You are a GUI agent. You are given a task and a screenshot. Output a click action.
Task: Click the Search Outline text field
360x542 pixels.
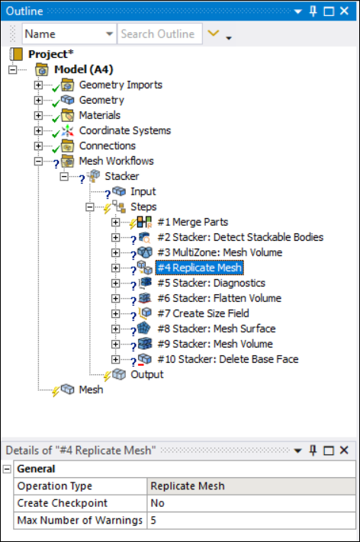159,34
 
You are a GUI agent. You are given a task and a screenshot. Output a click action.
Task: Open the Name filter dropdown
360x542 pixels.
109,34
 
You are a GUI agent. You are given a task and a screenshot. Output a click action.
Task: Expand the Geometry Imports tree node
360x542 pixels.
38,85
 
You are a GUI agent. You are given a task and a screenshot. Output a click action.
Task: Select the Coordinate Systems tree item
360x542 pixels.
125,130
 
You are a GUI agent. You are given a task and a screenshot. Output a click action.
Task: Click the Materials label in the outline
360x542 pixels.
100,115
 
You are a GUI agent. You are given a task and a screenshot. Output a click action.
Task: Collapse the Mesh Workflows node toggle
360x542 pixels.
38,161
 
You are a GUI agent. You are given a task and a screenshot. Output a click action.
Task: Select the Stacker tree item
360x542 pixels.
122,176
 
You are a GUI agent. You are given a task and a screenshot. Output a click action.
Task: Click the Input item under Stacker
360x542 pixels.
143,191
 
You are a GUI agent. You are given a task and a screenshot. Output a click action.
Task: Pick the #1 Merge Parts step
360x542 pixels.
193,222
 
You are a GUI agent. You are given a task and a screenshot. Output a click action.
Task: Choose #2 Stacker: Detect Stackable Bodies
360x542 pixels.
240,237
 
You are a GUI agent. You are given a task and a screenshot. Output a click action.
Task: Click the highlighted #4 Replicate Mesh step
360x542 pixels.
200,268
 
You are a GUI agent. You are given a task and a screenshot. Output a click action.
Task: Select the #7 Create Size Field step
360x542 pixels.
203,313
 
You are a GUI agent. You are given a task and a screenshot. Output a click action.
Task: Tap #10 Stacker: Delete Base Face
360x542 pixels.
228,359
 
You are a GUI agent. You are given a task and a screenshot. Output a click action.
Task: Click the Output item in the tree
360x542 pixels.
147,374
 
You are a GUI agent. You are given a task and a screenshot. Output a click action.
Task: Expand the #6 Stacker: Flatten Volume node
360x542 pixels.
115,298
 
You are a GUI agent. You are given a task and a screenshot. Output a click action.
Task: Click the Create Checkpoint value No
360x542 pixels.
157,503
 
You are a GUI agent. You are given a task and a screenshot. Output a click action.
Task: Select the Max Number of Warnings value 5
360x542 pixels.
153,520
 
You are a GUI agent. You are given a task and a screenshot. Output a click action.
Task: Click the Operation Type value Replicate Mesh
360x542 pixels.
188,486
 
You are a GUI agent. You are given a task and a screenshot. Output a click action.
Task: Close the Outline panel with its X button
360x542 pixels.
344,11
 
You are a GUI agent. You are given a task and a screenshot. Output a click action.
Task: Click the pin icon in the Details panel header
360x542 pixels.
313,451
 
